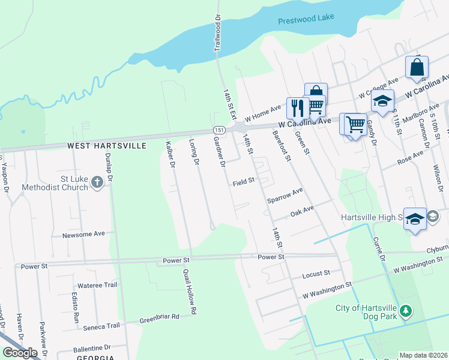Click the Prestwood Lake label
click(306, 21)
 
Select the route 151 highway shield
click(218, 130)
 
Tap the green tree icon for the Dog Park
click(406, 311)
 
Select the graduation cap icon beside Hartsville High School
click(415, 219)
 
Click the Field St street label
click(244, 180)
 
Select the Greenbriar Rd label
click(159, 317)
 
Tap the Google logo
click(20, 353)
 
